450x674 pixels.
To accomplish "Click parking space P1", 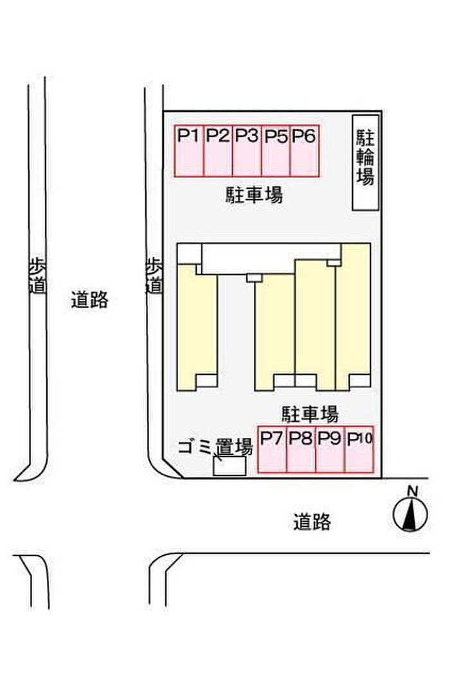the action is coord(189,151).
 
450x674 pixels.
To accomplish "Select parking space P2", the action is coord(218,151).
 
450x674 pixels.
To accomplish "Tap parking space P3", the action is coord(246,151).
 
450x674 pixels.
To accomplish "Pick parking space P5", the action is coord(276,151).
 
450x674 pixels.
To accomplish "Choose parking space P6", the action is coord(305,151).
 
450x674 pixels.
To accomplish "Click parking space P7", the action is coord(272,450).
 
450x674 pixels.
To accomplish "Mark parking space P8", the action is coord(301,450).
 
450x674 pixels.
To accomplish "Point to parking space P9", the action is coord(330,450).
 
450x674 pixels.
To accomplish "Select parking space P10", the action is coord(359,450).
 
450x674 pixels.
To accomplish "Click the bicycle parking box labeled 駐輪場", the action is coord(366,163).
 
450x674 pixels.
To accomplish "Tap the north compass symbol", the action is coord(410,513).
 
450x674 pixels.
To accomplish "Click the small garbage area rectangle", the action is coord(230,466).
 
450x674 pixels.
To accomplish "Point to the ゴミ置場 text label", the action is coord(215,448).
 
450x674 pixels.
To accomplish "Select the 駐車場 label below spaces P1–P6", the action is coord(255,195).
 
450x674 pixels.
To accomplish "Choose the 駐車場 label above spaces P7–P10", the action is coord(310,414).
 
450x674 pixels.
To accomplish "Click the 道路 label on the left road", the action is coord(89,299).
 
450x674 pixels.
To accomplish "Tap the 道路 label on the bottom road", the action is coord(312,522).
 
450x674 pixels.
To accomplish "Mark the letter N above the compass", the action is coord(413,490).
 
